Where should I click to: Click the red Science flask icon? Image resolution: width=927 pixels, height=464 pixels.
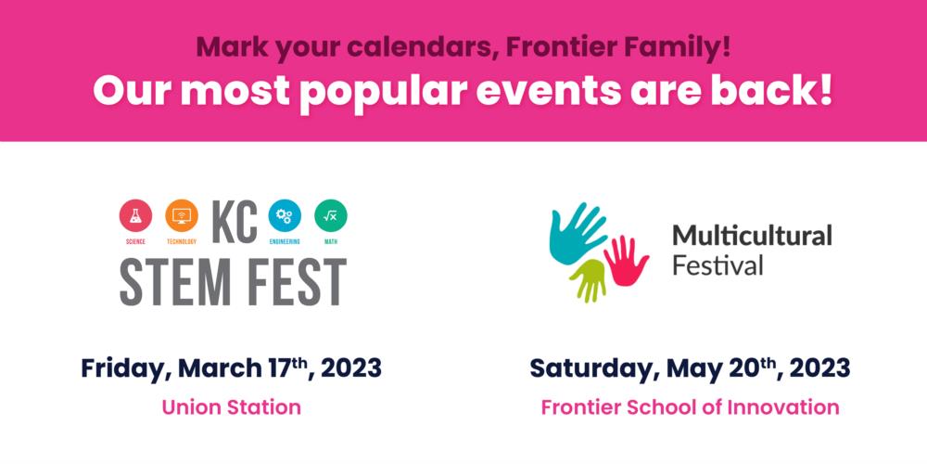coord(135,216)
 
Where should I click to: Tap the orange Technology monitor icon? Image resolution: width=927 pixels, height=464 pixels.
coord(182,216)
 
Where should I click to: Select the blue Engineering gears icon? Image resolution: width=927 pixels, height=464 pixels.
coord(285,216)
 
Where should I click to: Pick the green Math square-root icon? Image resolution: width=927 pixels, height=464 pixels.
coord(331,216)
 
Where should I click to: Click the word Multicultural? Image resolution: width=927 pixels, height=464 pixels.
coord(752,236)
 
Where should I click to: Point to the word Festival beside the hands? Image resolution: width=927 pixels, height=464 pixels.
coord(717,265)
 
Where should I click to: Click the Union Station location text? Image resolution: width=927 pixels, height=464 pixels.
coord(231,406)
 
